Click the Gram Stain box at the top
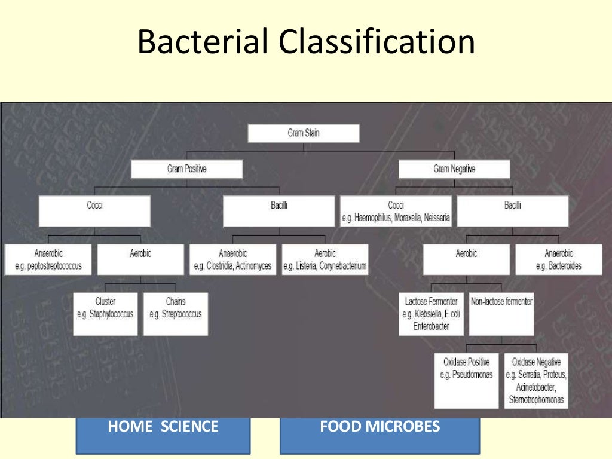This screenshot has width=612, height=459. [x=303, y=133]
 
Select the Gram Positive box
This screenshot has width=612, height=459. [x=186, y=169]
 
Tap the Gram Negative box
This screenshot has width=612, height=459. [x=454, y=169]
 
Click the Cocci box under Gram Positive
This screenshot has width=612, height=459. [x=94, y=211]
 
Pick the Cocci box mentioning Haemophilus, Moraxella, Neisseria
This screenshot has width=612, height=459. [x=396, y=212]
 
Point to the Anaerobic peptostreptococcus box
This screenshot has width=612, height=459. [x=48, y=259]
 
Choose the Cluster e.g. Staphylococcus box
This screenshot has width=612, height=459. [x=105, y=313]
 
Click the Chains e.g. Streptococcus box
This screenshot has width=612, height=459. [x=176, y=313]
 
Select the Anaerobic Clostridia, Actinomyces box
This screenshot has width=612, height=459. [x=232, y=259]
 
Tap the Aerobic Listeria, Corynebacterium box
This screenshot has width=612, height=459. [x=325, y=259]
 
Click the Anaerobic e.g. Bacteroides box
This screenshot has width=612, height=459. [x=558, y=259]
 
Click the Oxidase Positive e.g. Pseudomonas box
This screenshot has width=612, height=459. [x=466, y=380]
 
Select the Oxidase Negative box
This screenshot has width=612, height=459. [x=536, y=380]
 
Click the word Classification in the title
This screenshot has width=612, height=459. [x=376, y=43]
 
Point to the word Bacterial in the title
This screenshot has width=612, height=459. [x=203, y=43]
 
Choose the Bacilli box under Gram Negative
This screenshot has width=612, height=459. [x=512, y=211]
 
